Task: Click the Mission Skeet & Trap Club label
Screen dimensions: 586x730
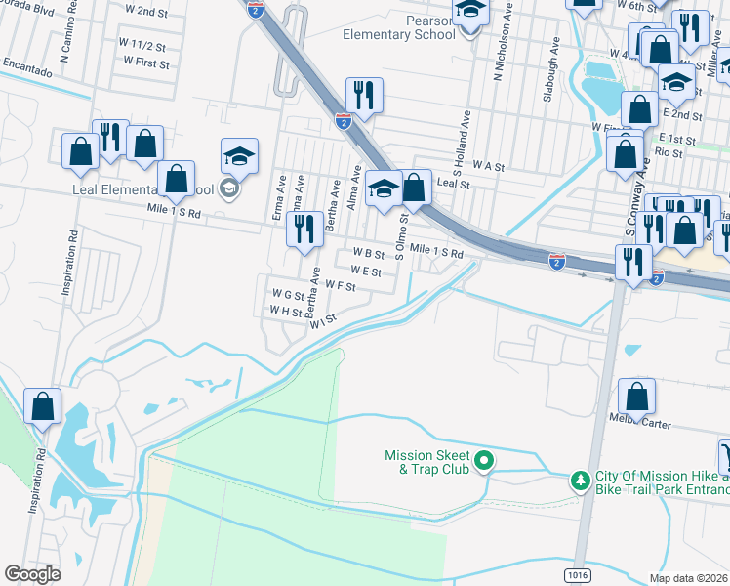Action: pyautogui.click(x=427, y=462)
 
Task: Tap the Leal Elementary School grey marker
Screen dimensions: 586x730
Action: pyautogui.click(x=229, y=188)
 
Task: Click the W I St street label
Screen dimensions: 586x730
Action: pyautogui.click(x=323, y=319)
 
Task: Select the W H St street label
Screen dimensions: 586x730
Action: pyautogui.click(x=285, y=312)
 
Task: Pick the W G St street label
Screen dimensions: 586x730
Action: pyautogui.click(x=288, y=294)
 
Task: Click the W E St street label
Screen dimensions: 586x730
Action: pyautogui.click(x=365, y=272)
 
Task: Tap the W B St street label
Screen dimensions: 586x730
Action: pyautogui.click(x=368, y=254)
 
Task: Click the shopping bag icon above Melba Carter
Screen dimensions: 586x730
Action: pyautogui.click(x=636, y=397)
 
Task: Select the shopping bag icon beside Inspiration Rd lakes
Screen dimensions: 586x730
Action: pyautogui.click(x=42, y=407)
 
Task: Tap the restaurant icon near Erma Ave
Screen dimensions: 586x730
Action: pyautogui.click(x=304, y=230)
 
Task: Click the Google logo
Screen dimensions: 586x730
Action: pyautogui.click(x=32, y=574)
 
